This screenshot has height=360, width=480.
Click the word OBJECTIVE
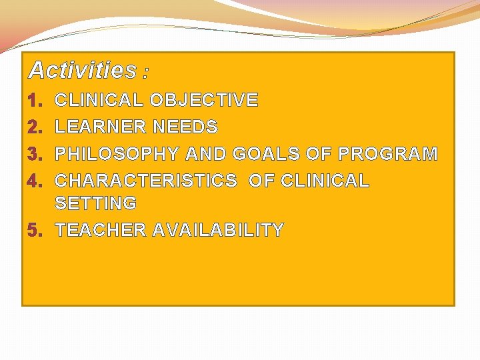click(x=204, y=101)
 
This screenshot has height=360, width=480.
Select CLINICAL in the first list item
click(x=99, y=101)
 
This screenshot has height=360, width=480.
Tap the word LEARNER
click(x=100, y=127)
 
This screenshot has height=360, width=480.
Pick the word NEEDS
click(x=185, y=127)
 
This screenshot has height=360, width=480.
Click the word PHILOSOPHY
click(x=117, y=154)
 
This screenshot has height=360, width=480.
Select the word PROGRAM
click(x=388, y=154)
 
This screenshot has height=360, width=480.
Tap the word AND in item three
click(x=206, y=154)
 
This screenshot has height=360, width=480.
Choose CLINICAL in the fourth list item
click(x=325, y=181)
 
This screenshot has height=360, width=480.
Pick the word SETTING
click(x=95, y=203)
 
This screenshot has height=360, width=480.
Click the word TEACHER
click(x=101, y=231)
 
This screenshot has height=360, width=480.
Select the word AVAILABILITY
click(x=218, y=231)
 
